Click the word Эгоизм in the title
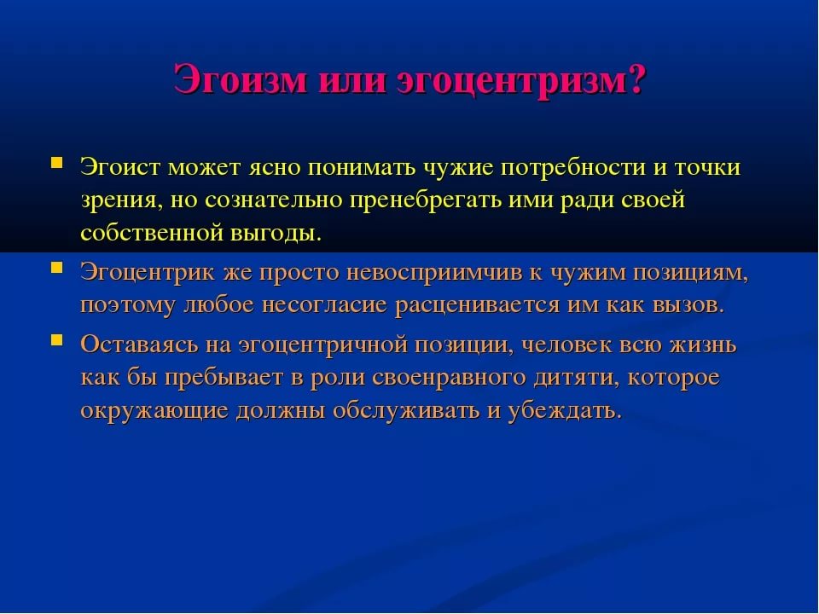241,79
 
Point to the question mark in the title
638,79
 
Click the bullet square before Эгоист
56,161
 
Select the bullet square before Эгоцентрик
56,268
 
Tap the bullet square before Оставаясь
56,340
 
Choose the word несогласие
324,305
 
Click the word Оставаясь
139,345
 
